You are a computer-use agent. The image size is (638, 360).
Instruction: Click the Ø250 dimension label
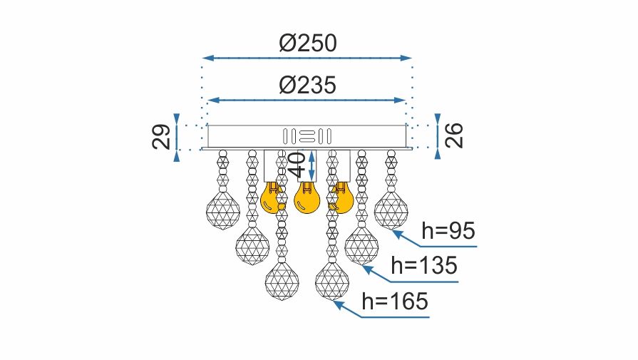308,44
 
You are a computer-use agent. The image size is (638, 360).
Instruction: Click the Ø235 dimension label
307,87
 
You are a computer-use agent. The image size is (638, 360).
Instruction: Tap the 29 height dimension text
162,135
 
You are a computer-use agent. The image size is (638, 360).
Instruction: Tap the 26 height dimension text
454,135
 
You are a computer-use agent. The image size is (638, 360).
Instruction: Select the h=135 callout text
424,266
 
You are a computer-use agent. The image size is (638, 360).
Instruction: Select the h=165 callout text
395,302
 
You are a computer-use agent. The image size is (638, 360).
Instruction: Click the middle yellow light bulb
307,198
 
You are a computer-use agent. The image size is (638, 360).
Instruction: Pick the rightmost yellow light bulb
341,198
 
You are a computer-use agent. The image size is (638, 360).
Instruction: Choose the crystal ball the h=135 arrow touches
361,246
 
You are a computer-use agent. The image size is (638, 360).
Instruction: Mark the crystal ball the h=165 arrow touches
331,282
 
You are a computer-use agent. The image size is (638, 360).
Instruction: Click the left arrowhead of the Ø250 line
207,57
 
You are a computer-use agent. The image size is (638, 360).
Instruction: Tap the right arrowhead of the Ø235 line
403,101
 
